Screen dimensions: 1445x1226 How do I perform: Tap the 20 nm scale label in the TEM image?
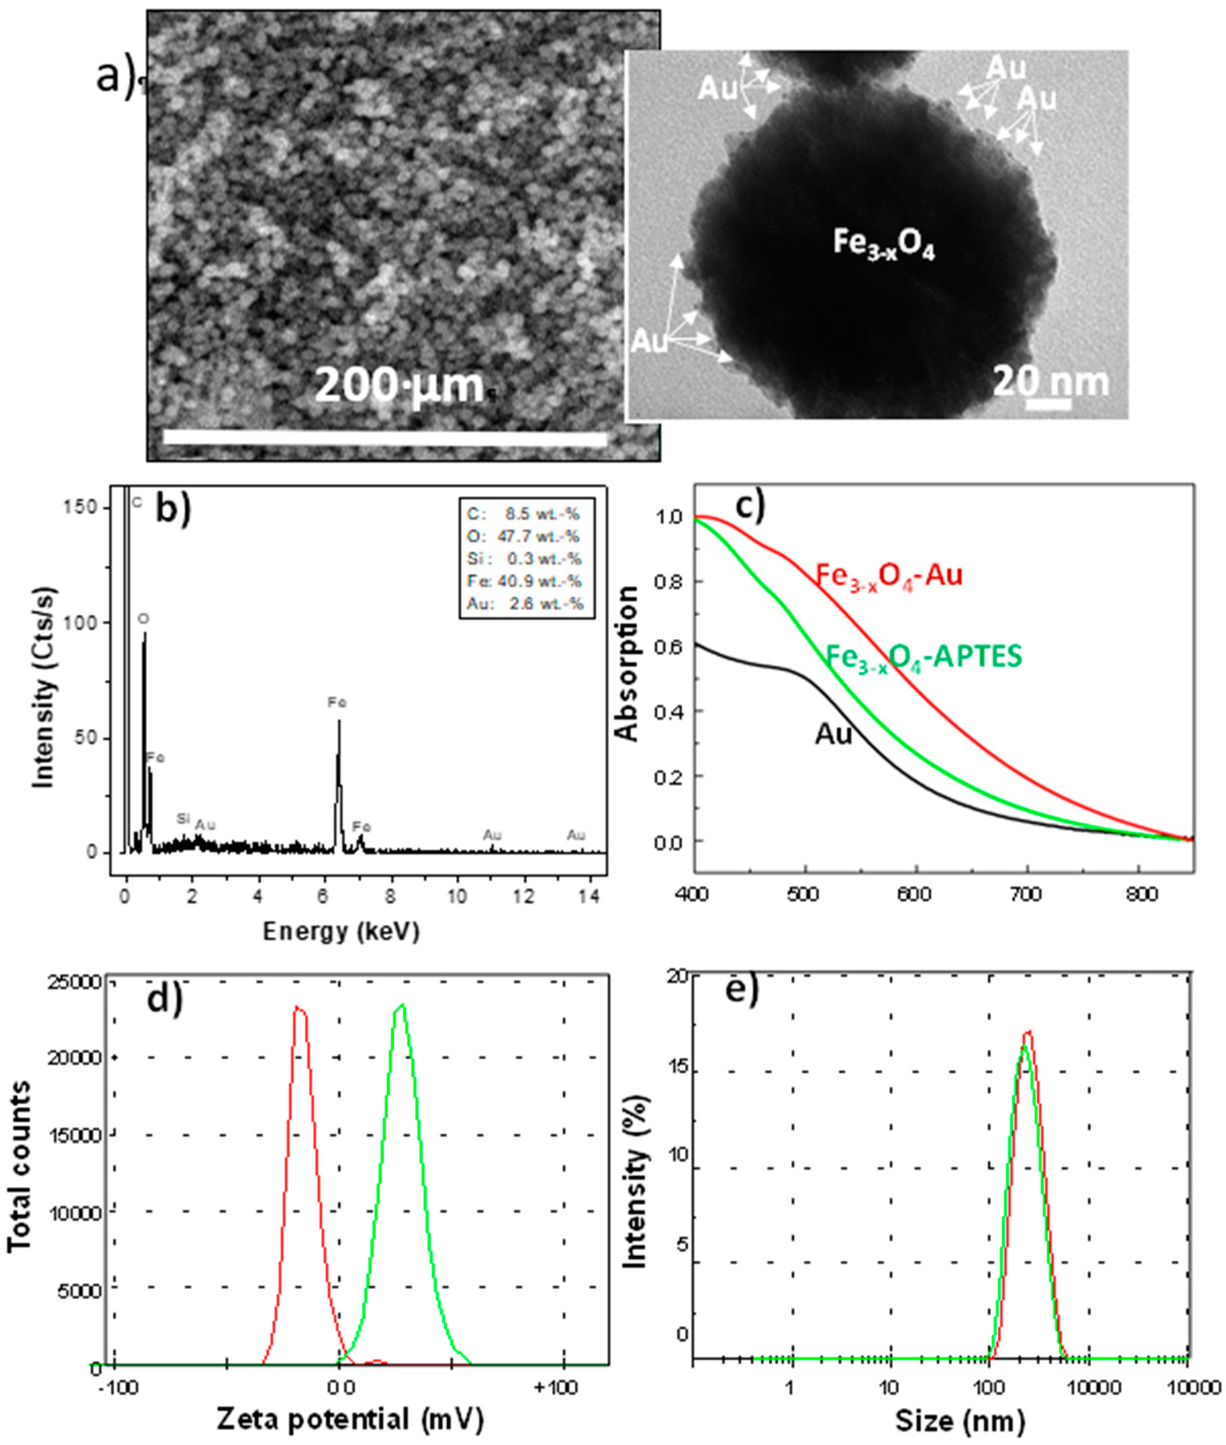1049,381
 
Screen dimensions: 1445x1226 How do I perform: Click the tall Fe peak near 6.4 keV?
339,722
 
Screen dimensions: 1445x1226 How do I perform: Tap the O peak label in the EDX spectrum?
143,618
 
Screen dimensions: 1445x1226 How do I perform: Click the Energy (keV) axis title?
341,932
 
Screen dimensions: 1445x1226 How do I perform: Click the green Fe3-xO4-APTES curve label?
924,656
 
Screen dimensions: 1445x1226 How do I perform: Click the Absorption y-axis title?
628,663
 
